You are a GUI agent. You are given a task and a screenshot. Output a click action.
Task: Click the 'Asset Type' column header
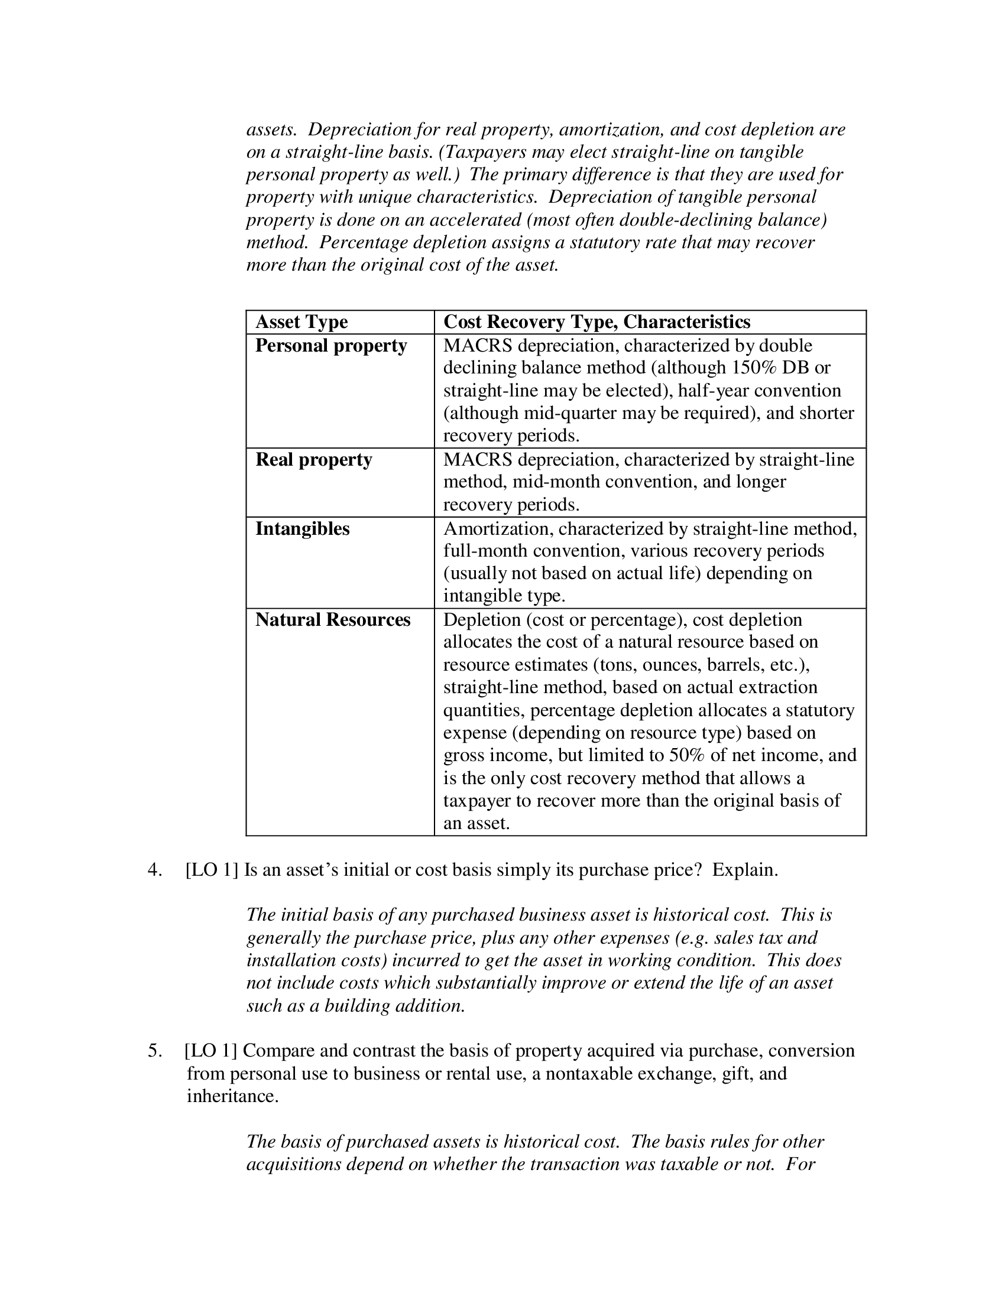[301, 322]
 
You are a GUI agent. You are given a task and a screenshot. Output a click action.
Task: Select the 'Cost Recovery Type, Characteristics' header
[596, 322]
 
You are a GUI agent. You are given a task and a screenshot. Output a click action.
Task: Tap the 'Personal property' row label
[331, 346]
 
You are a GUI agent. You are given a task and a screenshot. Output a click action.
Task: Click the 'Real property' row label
[314, 460]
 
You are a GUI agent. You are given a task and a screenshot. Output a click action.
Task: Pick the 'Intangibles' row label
[303, 529]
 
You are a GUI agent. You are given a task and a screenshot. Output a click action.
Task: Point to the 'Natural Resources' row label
[333, 620]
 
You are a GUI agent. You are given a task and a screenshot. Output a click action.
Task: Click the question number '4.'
[154, 870]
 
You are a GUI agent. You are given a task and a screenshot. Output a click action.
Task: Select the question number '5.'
[154, 1051]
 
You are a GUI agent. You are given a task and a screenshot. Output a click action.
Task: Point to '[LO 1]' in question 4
[212, 870]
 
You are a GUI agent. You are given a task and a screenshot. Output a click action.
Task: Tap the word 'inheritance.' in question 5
[233, 1096]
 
